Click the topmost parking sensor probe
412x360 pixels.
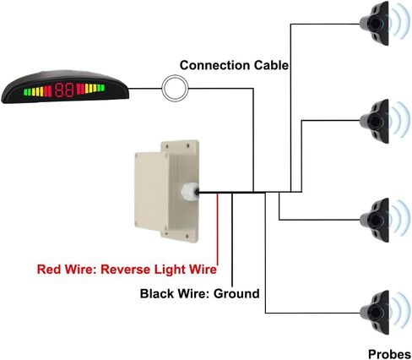pyautogui.click(x=375, y=24)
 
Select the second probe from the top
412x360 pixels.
pyautogui.click(x=375, y=121)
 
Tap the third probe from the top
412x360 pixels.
pyautogui.click(x=375, y=220)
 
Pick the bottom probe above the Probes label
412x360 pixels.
pyautogui.click(x=375, y=313)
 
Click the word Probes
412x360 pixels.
pyautogui.click(x=389, y=354)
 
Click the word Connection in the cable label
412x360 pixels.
pyautogui.click(x=214, y=65)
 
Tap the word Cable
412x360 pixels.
pyautogui.click(x=271, y=65)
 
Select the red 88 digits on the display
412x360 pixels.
pyautogui.click(x=64, y=90)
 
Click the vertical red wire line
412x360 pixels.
pyautogui.click(x=217, y=229)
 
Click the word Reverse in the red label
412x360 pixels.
pyautogui.click(x=126, y=270)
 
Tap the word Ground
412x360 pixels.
pyautogui.click(x=236, y=293)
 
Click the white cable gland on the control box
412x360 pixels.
pyautogui.click(x=190, y=192)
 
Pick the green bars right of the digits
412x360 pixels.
pyautogui.click(x=101, y=88)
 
